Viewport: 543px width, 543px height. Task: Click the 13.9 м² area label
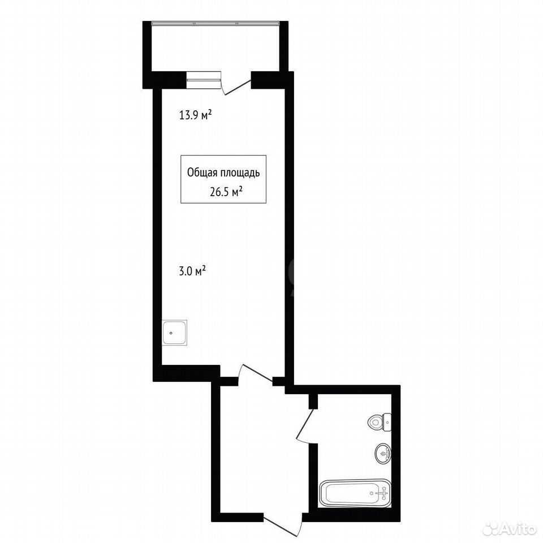point(195,115)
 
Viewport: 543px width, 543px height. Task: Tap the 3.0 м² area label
point(192,271)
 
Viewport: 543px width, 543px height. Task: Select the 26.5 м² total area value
point(226,192)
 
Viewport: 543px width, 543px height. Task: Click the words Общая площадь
point(223,173)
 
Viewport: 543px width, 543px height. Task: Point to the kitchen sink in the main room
point(175,333)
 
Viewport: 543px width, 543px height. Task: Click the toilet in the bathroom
point(380,422)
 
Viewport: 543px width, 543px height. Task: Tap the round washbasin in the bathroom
point(383,453)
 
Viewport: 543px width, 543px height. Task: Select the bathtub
point(355,493)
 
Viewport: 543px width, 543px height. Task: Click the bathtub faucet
point(383,492)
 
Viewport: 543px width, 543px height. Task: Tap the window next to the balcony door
point(204,80)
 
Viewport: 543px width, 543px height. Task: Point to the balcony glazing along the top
point(216,23)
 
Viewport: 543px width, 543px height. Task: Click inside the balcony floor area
point(216,49)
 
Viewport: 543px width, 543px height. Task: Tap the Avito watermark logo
point(509,528)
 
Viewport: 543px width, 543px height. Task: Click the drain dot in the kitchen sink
point(171,333)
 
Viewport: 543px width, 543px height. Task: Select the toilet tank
point(387,422)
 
